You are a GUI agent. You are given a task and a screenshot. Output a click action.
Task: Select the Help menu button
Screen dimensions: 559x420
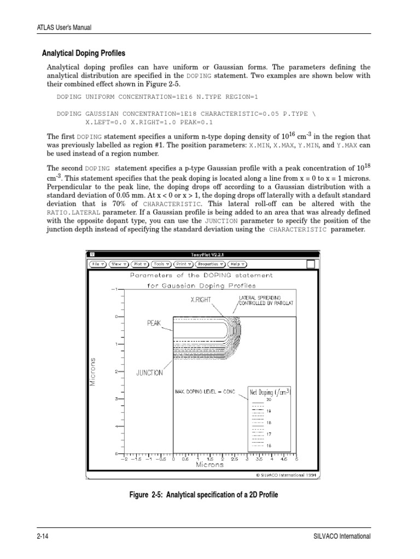237,264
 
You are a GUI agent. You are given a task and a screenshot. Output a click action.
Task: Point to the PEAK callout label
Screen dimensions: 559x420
154,323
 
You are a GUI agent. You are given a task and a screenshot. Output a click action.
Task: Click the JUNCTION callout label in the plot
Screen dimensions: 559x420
149,373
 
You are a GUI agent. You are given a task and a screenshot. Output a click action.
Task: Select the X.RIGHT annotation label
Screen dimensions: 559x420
200,300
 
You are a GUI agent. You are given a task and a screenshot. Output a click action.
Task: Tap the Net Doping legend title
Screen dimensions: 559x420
270,391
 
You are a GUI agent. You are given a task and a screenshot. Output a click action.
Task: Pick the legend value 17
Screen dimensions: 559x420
269,434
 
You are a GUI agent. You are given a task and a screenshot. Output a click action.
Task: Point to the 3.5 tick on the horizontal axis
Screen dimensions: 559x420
259,460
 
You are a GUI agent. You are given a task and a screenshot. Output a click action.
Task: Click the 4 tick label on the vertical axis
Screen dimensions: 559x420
116,426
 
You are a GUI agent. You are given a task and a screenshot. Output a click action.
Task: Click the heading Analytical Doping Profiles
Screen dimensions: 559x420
84,53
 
